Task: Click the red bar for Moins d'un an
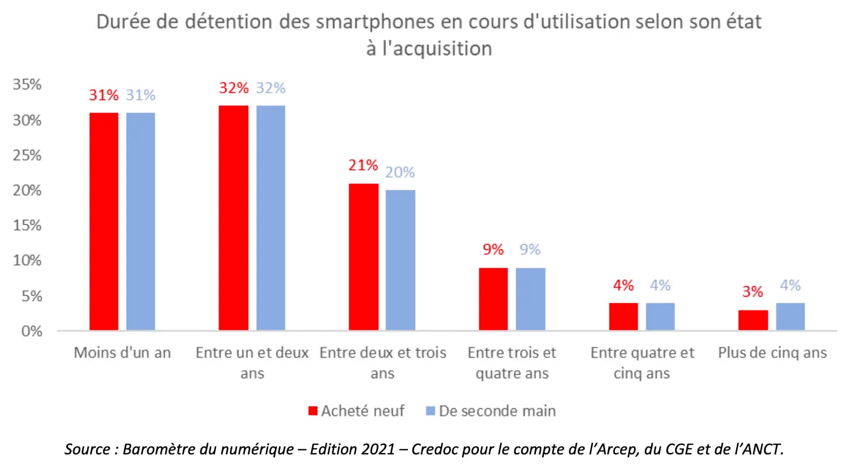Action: tap(104, 221)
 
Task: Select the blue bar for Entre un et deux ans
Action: tap(271, 218)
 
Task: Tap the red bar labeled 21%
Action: tap(363, 257)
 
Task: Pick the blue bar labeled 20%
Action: tap(400, 260)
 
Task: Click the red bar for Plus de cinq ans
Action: tap(753, 320)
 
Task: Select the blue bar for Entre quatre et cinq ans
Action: tap(660, 316)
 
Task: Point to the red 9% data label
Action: tap(493, 249)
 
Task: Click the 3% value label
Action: tap(752, 291)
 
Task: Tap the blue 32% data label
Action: tap(271, 88)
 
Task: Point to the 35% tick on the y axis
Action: tap(27, 84)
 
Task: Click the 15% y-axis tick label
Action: tap(27, 225)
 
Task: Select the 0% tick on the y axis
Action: tap(32, 331)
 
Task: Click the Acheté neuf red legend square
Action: tap(313, 411)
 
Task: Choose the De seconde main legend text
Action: tap(497, 411)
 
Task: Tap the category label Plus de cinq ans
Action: tap(772, 353)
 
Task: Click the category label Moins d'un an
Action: tap(122, 353)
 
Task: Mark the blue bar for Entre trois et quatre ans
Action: tap(530, 299)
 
